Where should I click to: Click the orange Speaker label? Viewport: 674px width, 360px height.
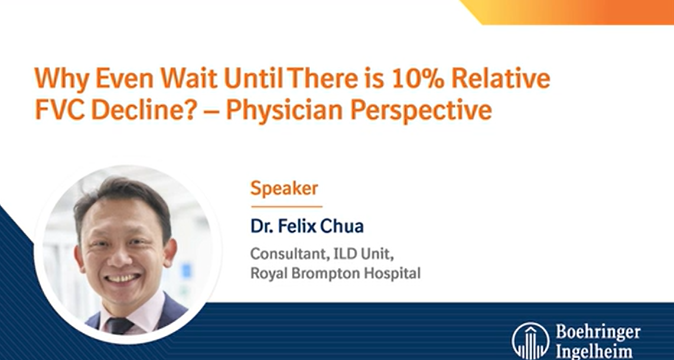[x=284, y=189]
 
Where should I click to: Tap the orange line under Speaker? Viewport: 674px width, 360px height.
[x=286, y=206]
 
